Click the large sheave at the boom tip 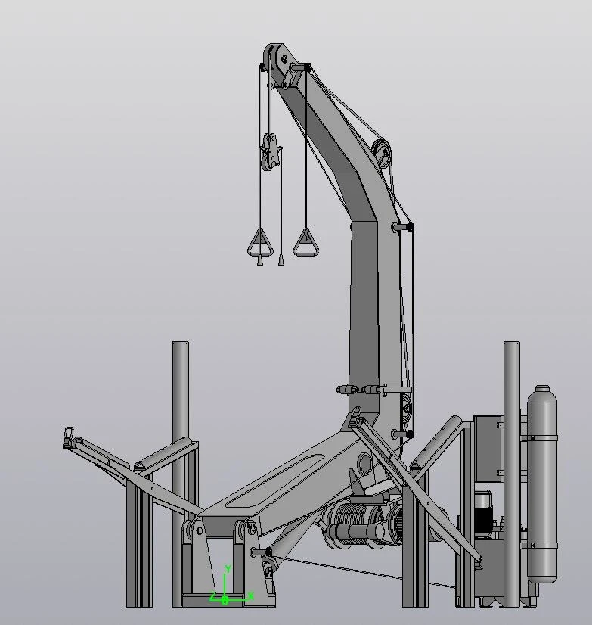click(x=277, y=60)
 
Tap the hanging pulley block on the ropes click(x=270, y=152)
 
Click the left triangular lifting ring click(x=260, y=243)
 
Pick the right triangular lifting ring click(x=306, y=243)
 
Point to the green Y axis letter click(x=228, y=569)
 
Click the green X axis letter click(x=251, y=596)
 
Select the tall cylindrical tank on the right click(x=542, y=484)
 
